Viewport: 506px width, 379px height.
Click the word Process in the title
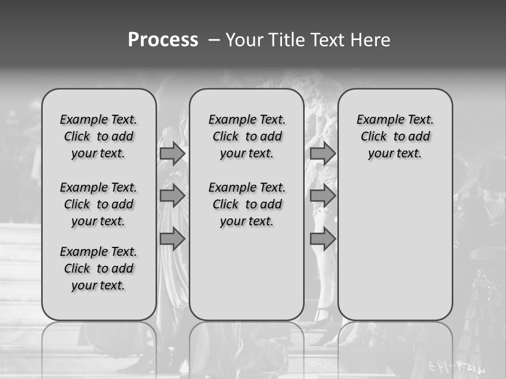163,40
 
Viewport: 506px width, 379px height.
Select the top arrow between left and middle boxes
172,153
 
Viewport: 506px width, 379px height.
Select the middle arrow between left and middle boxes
172,196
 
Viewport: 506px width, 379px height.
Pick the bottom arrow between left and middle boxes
172,239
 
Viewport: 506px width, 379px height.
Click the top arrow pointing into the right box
323,153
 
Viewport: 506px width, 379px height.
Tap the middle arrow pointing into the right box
323,196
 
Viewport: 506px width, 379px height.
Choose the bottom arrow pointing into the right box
323,239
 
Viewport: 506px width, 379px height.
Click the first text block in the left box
99,136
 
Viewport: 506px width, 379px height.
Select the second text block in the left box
99,204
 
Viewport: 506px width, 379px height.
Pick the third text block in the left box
99,268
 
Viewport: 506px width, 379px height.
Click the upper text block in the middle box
247,136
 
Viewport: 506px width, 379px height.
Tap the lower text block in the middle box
247,204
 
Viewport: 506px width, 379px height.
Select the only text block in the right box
395,136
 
